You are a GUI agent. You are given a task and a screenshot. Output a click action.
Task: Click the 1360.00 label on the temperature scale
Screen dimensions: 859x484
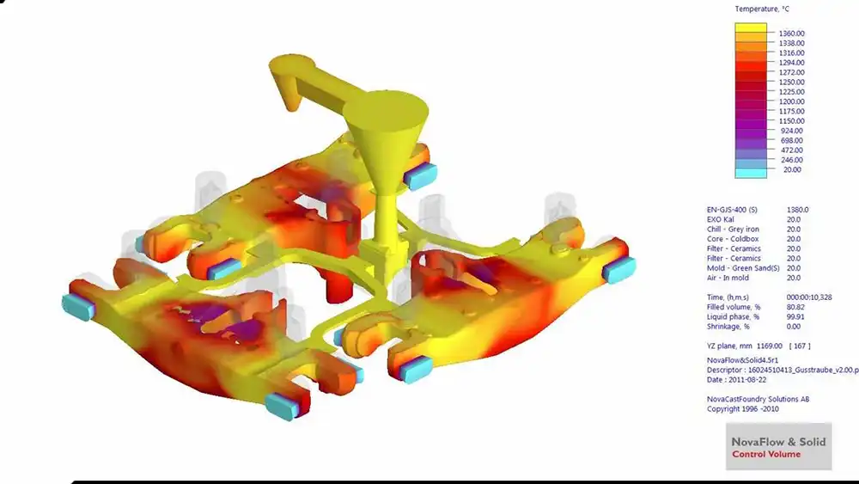(792, 34)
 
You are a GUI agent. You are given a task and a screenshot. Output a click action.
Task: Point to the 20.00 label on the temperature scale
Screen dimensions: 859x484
(792, 170)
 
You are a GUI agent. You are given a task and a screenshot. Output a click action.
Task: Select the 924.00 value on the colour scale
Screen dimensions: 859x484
(792, 131)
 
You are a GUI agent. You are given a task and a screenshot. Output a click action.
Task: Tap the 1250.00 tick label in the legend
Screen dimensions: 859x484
(792, 83)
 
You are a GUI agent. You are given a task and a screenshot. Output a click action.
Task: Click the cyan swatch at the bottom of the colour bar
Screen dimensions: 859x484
(751, 173)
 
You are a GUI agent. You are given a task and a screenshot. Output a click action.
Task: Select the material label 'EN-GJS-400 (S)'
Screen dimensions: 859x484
(732, 210)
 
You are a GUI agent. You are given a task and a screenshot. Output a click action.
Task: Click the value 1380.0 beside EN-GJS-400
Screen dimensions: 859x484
(798, 210)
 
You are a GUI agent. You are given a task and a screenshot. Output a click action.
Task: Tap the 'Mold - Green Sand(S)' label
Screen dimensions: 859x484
(743, 268)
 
